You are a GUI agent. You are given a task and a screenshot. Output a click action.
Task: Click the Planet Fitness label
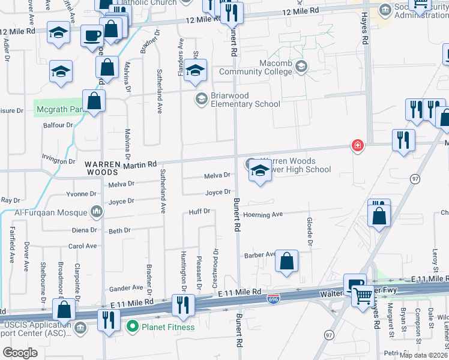click(x=167, y=327)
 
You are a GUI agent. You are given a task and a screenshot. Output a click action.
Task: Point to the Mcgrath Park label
click(x=58, y=109)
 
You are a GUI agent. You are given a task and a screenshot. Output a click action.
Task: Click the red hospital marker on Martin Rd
click(x=358, y=146)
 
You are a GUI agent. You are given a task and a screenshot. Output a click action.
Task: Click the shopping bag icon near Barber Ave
click(x=287, y=261)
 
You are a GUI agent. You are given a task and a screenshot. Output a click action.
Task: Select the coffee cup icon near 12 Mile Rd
click(x=92, y=35)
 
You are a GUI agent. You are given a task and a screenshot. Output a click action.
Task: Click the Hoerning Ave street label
click(x=262, y=214)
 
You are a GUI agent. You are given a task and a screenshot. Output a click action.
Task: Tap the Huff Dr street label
click(x=199, y=211)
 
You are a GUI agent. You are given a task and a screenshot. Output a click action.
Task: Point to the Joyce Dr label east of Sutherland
click(x=218, y=192)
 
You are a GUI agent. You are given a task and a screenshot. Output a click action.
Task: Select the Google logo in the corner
click(x=20, y=353)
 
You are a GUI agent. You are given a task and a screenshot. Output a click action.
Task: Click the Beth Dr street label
click(x=119, y=230)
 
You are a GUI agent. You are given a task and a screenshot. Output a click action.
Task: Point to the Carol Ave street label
click(x=82, y=246)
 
